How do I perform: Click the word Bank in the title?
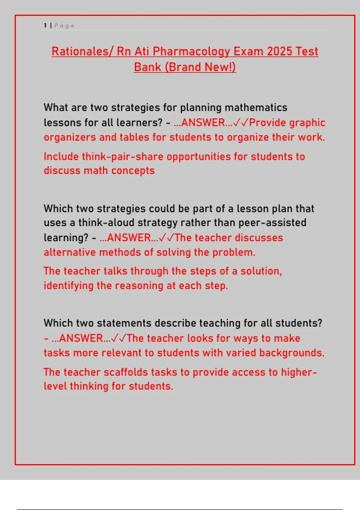[x=147, y=67]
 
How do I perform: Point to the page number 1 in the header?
[x=45, y=26]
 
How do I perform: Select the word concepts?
[x=133, y=171]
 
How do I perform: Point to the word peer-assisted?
[x=272, y=223]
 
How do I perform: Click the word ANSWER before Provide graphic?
[x=203, y=123]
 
